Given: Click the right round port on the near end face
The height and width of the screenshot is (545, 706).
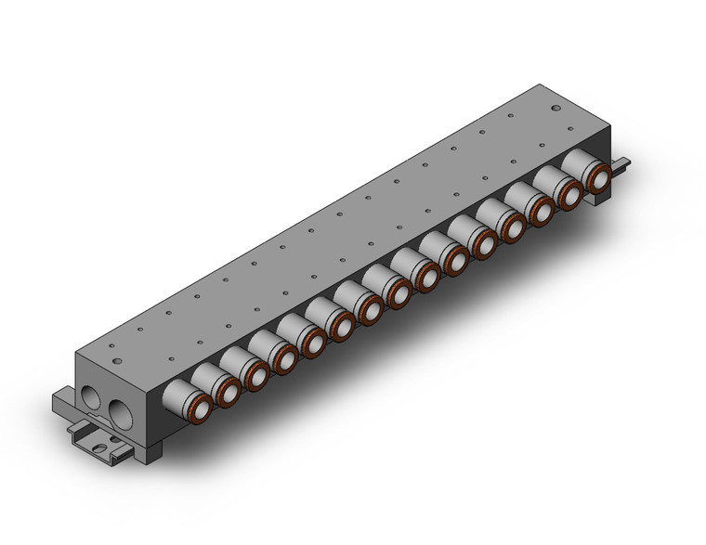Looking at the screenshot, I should tap(119, 411).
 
